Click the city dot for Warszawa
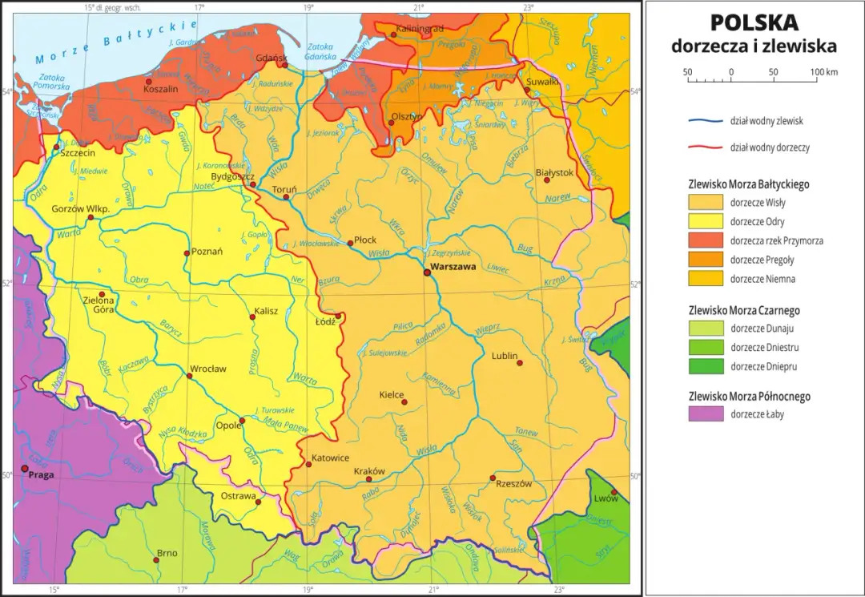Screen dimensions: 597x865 (x=427, y=272)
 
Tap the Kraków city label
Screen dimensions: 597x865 (x=369, y=471)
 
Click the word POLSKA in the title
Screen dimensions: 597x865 (x=754, y=22)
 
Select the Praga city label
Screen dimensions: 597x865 (x=42, y=475)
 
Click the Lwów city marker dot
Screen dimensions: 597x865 (x=614, y=492)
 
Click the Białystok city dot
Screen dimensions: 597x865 (x=546, y=180)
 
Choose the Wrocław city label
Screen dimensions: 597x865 (x=207, y=369)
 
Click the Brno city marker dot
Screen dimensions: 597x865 (x=157, y=559)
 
